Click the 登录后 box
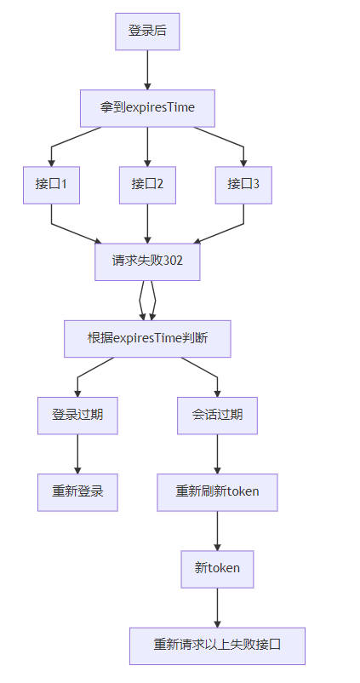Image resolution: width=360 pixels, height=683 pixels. (x=147, y=32)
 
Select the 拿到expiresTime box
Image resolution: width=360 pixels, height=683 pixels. (x=147, y=108)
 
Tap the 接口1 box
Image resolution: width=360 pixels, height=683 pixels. (x=51, y=185)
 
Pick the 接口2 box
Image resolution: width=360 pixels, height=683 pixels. (x=147, y=185)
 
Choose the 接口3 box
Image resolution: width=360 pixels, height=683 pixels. (x=243, y=185)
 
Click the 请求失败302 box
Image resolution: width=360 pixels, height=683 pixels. (x=147, y=261)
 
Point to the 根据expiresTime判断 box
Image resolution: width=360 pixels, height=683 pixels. (x=147, y=339)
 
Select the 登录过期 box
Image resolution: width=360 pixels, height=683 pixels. (x=77, y=416)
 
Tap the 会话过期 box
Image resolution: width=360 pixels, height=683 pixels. (x=217, y=416)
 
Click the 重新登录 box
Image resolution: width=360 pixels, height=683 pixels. (x=77, y=492)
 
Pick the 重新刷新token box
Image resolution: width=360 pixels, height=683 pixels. (x=217, y=492)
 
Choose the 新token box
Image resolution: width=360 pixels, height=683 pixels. (x=217, y=570)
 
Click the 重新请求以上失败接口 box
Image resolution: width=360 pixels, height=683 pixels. (x=217, y=646)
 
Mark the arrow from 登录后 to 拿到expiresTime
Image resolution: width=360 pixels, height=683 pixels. (x=147, y=70)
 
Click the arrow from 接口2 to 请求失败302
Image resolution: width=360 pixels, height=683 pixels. (x=147, y=223)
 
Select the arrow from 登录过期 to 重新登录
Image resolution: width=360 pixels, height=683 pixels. (x=77, y=454)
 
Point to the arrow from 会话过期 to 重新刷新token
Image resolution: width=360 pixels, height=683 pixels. (x=217, y=454)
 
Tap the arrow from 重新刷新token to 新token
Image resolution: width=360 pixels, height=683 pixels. (x=217, y=531)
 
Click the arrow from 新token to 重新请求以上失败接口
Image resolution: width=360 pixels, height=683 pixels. (x=217, y=608)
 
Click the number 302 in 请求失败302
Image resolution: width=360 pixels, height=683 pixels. (x=174, y=261)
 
